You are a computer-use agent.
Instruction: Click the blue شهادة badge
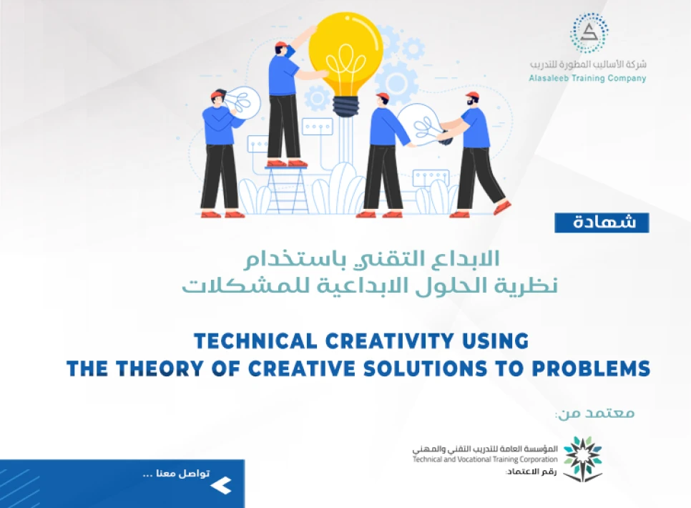pos(602,223)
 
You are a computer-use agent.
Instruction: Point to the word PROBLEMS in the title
pos(594,369)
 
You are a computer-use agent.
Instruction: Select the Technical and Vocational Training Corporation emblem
pos(582,458)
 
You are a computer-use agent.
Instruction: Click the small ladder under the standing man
pos(288,188)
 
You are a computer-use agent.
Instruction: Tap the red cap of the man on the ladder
pos(281,46)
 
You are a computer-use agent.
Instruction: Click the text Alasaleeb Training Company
pos(587,79)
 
